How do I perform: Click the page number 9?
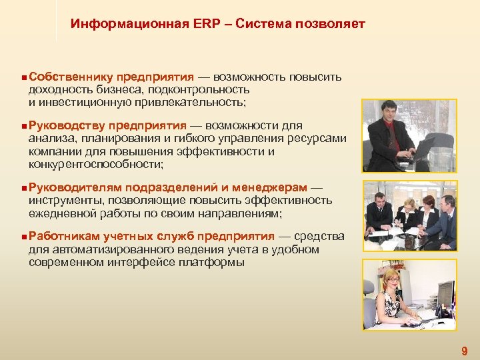point(465,351)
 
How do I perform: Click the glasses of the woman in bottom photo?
point(393,281)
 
